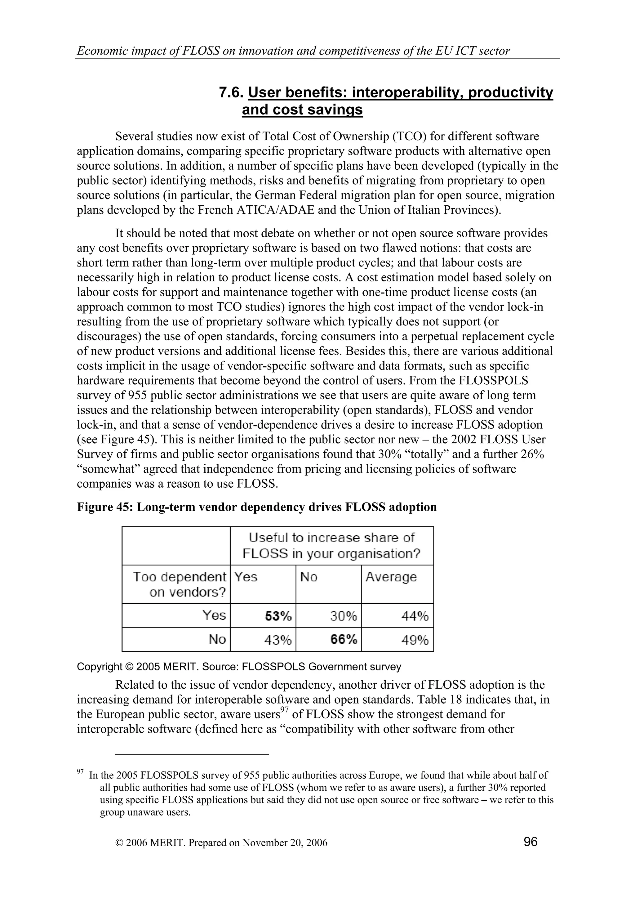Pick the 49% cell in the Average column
coord(415,639)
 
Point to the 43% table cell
coord(278,639)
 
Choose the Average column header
coord(391,577)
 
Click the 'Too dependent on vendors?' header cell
coord(180,584)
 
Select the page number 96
coord(531,841)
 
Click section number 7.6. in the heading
coord(231,93)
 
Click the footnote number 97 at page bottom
coord(80,772)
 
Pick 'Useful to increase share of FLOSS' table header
coord(331,545)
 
